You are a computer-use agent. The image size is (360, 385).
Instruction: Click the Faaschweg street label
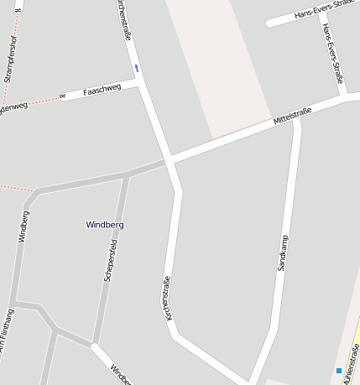[x=102, y=89]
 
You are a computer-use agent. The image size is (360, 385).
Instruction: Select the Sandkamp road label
[x=282, y=252]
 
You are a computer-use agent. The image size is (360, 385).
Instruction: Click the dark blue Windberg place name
[x=105, y=225]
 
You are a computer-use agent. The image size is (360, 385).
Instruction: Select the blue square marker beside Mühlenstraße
[x=339, y=370]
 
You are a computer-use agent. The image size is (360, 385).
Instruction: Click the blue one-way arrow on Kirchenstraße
[x=136, y=67]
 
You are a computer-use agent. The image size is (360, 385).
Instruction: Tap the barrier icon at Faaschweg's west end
[x=62, y=96]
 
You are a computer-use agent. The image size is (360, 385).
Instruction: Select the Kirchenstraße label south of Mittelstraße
[x=166, y=297]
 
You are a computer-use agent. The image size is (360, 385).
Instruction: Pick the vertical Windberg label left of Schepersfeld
[x=23, y=226]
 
